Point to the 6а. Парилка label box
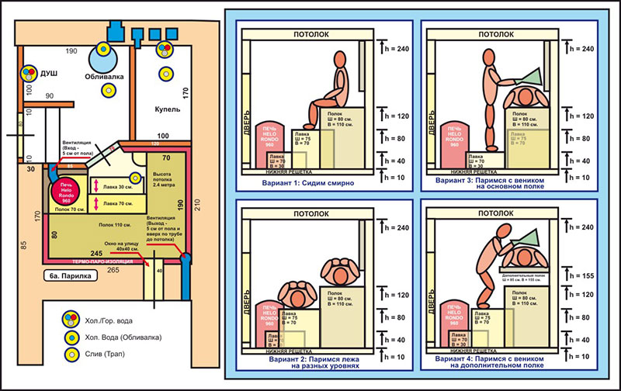pos(70,275)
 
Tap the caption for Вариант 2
pos(310,364)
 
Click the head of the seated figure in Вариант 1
pos(339,78)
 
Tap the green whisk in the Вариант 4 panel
pos(515,237)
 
